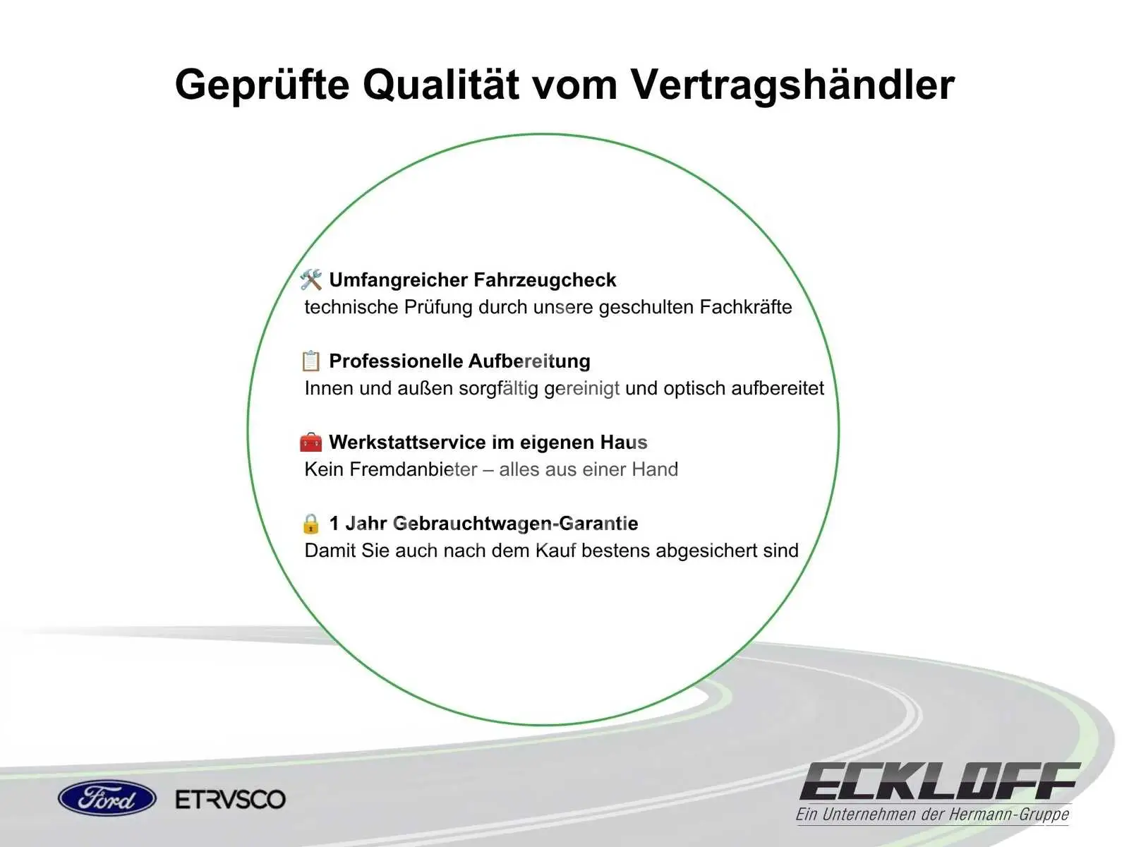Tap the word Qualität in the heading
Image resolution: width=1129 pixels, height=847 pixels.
pos(441,84)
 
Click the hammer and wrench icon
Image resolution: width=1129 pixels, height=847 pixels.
pos(310,280)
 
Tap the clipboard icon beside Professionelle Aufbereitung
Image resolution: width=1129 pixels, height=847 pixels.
pos(310,361)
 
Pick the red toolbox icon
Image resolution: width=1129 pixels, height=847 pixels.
pos(310,443)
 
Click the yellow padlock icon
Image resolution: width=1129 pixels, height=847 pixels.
pos(310,524)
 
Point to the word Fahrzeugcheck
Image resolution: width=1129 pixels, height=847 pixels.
pos(545,280)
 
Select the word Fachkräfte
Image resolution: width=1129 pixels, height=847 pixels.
pos(746,307)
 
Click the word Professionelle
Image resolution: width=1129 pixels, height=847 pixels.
pos(396,361)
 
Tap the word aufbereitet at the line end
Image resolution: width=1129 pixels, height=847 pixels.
pos(778,388)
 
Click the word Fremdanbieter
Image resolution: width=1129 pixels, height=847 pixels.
pos(413,469)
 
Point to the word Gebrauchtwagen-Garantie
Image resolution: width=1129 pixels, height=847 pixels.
pos(515,524)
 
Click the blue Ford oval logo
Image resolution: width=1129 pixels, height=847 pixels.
pos(107,799)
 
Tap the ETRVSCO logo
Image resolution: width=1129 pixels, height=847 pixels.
pos(231,799)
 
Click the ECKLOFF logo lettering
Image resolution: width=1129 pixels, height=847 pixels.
pos(939,781)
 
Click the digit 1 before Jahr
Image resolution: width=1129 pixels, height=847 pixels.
pos(334,524)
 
